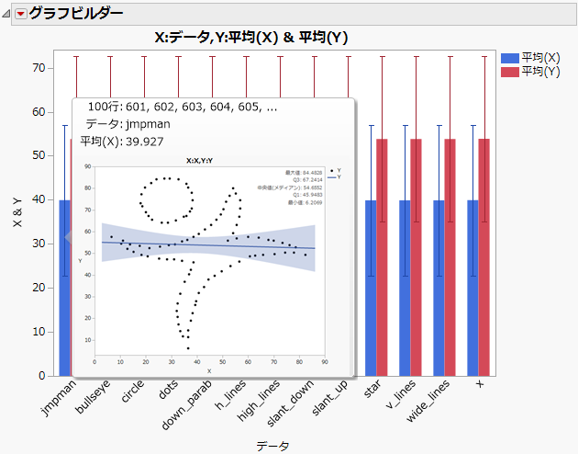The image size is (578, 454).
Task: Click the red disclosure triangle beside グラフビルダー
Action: [x=18, y=14]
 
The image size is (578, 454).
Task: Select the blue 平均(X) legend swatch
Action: [x=509, y=57]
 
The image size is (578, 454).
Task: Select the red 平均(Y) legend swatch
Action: [x=509, y=72]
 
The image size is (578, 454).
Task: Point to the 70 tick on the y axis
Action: [x=40, y=68]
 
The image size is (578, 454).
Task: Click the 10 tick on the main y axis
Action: [x=40, y=332]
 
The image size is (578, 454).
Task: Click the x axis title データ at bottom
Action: [x=272, y=446]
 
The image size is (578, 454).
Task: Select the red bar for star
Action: [x=382, y=257]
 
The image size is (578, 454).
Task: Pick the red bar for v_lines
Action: [x=416, y=257]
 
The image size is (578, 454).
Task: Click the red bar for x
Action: [x=484, y=257]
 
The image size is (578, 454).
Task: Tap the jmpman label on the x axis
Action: [x=61, y=401]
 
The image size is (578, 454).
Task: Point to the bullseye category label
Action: [x=93, y=403]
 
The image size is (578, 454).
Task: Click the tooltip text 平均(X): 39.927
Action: [x=122, y=141]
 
